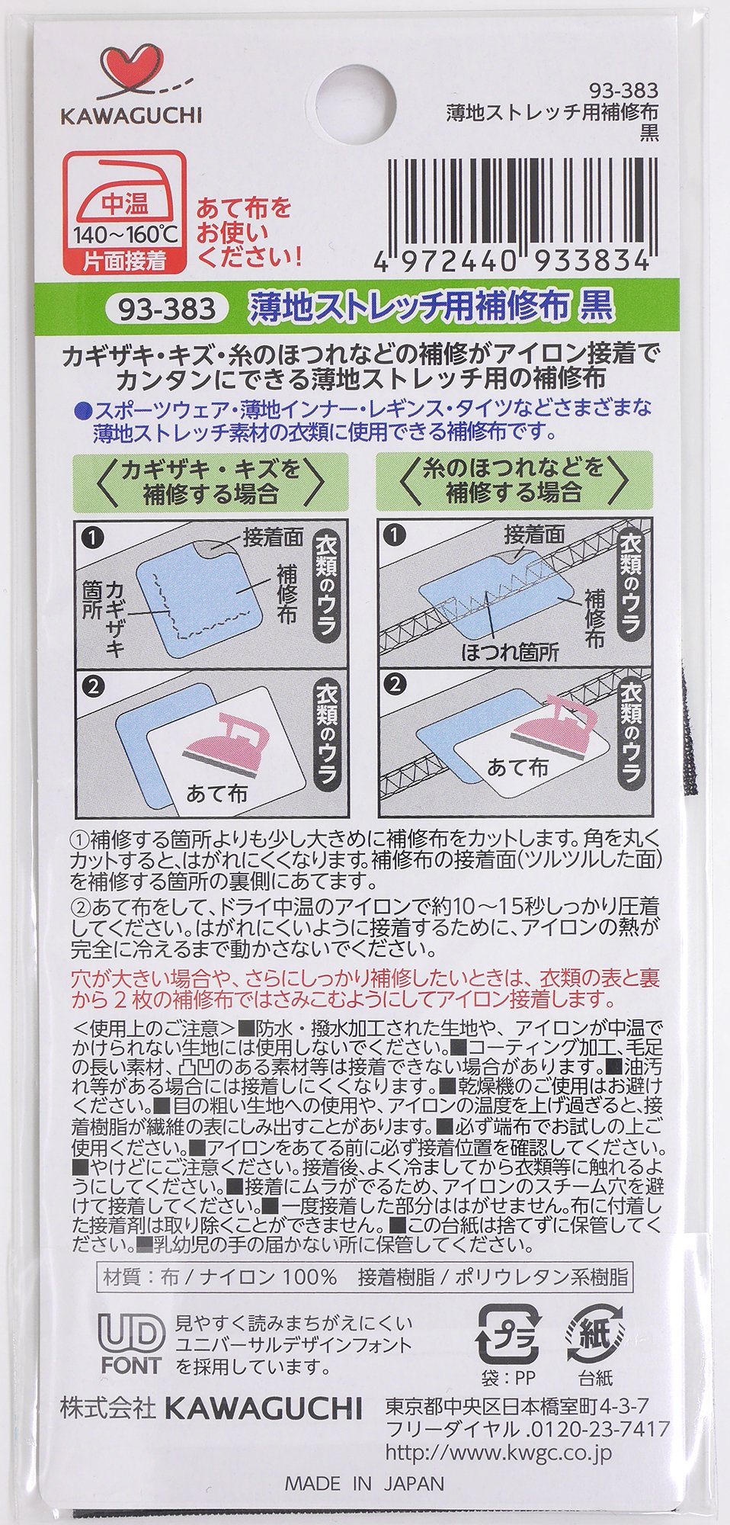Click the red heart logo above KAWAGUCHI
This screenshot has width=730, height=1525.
click(x=130, y=72)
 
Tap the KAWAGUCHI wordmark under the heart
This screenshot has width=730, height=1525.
click(x=131, y=116)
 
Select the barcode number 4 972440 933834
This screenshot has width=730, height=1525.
click(x=512, y=262)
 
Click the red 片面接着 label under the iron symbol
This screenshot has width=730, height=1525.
click(x=124, y=262)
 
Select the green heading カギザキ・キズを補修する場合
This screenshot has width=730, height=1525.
click(x=211, y=482)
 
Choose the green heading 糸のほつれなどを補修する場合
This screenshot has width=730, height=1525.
click(x=514, y=482)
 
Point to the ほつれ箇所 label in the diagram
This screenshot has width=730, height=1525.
click(x=510, y=653)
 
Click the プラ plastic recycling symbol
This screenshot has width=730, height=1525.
click(x=507, y=1335)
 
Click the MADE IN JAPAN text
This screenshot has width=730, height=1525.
click(x=364, y=1484)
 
